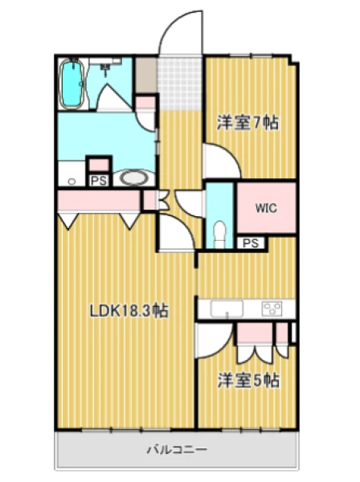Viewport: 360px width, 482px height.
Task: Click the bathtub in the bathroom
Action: point(72,84)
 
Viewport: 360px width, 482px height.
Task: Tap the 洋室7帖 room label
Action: point(247,123)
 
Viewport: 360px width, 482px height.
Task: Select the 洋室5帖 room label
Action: point(248,381)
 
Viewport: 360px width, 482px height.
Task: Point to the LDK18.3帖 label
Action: point(129,311)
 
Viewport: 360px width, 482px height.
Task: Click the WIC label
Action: point(266,208)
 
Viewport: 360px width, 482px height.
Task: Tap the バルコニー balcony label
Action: point(177,450)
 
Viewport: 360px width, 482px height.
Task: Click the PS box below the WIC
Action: point(251,243)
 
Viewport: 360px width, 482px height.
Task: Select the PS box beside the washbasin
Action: point(99,181)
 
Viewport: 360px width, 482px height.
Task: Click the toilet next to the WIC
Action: point(219,233)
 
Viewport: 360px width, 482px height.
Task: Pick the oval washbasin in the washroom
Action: point(133,178)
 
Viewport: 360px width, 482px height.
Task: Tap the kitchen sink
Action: point(227,308)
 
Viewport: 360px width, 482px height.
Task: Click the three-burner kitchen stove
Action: point(272,309)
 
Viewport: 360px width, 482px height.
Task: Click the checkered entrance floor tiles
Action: point(179,84)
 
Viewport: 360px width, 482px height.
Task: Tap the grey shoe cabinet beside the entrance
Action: point(146,75)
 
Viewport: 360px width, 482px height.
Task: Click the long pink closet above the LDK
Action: point(98,200)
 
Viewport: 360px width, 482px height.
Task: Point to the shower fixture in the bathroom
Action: point(106,67)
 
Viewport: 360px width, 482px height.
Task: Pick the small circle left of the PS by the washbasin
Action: point(72,182)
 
